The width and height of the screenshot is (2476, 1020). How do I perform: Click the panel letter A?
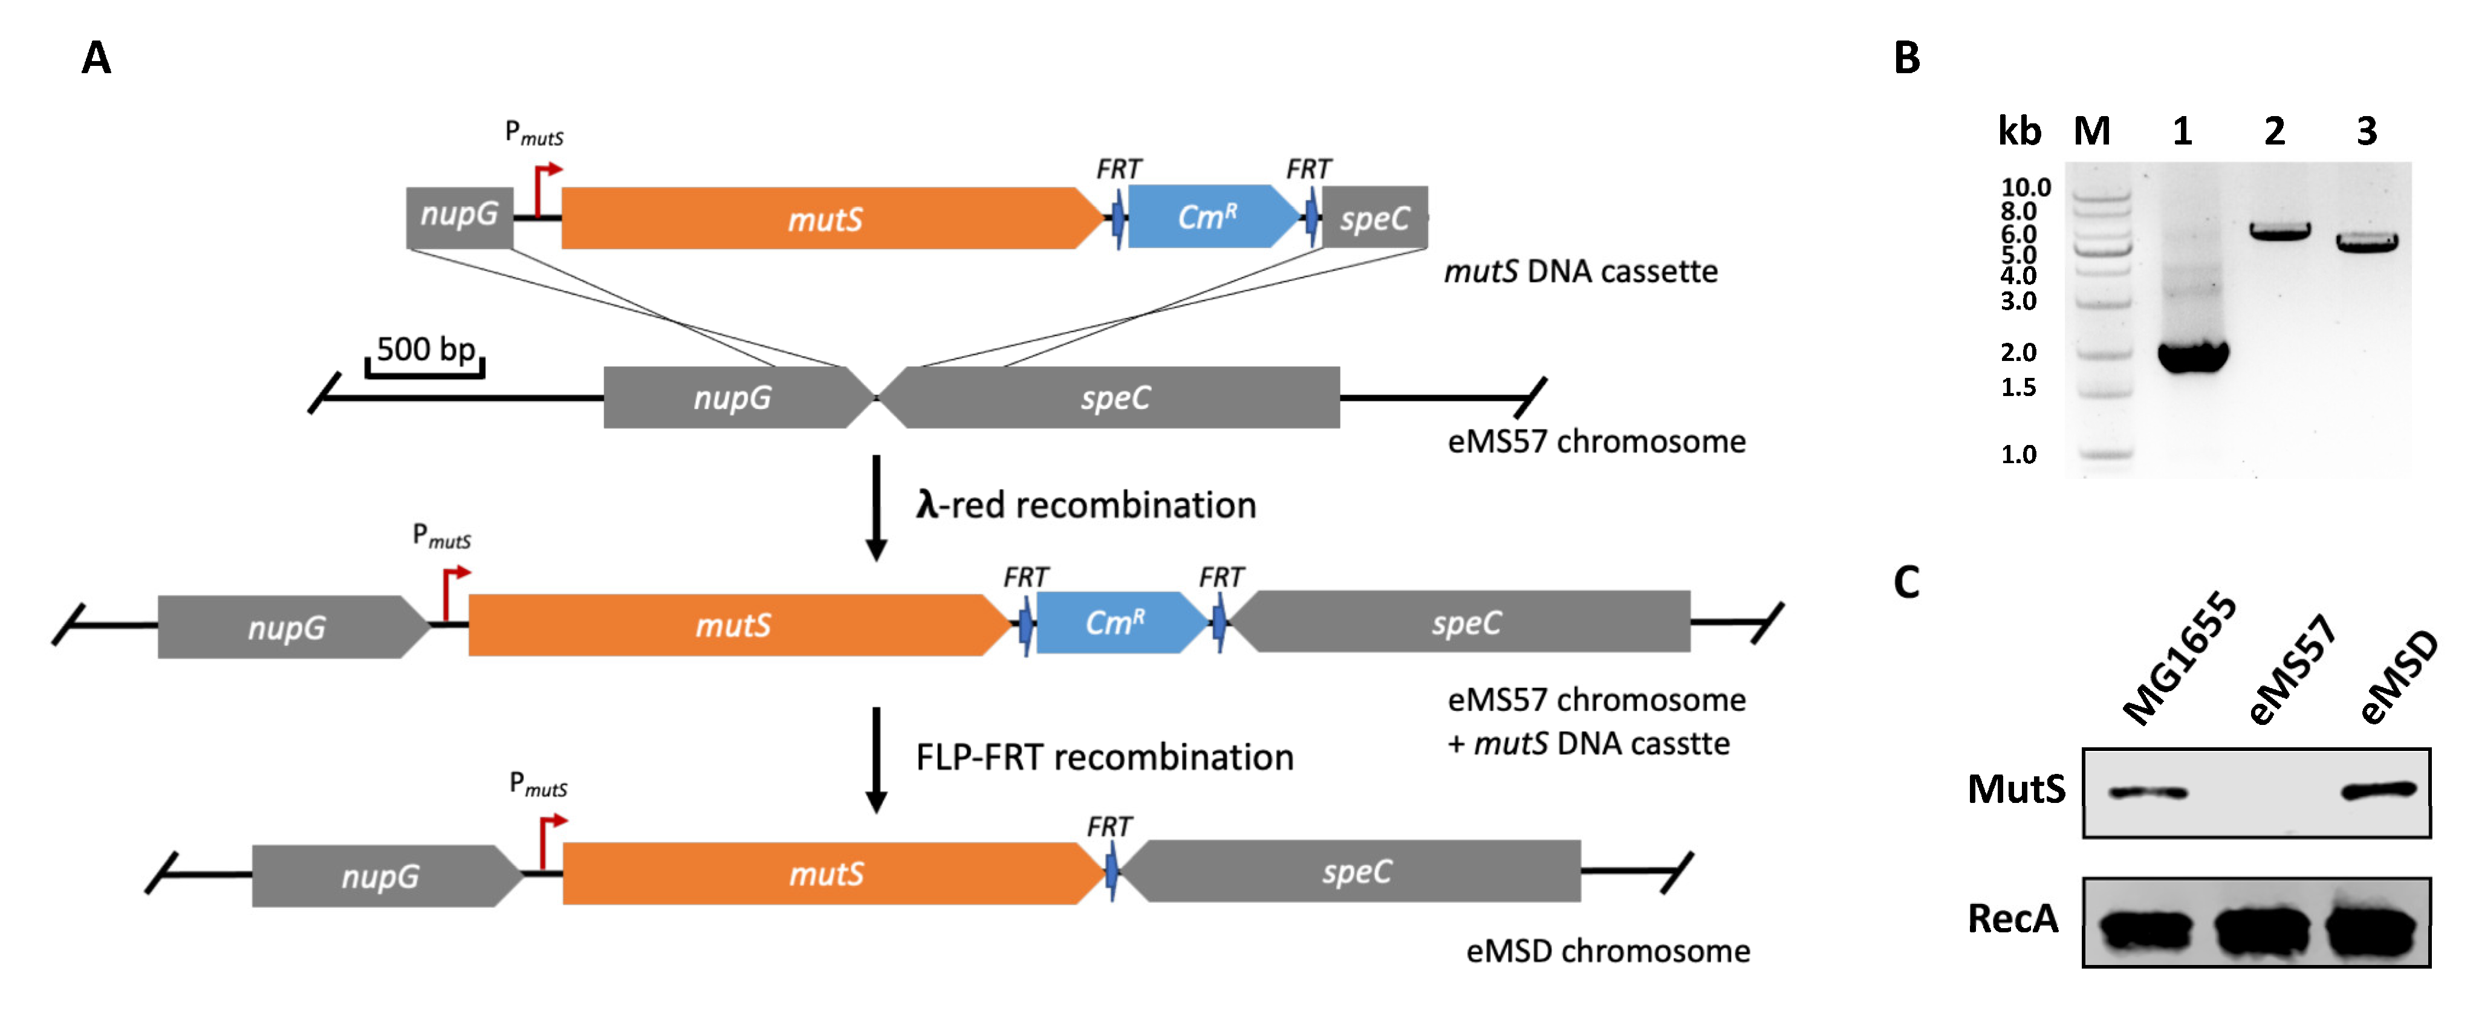(96, 57)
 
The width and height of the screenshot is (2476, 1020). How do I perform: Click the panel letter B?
(1907, 57)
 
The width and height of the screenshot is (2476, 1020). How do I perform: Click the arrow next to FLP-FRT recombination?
(876, 759)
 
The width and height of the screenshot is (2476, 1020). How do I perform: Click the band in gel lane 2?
(2279, 232)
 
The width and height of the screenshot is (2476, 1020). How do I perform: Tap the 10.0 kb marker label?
(2025, 187)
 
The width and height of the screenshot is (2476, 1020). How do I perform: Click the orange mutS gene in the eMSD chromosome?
(827, 873)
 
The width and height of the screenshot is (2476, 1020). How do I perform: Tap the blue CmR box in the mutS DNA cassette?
(1207, 217)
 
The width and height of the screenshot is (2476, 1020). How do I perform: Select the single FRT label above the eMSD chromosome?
(1109, 827)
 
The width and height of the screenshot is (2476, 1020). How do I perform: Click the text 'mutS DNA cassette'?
(1580, 272)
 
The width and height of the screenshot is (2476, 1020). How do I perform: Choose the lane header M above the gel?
(2091, 131)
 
